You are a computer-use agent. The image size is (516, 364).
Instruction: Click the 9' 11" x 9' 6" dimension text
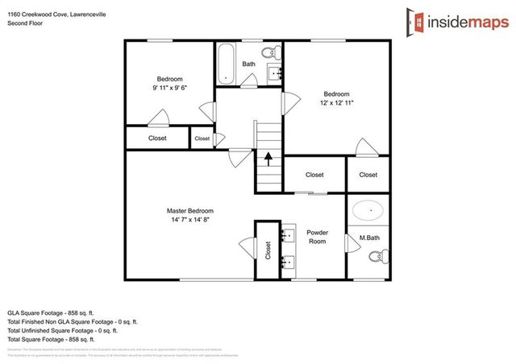pyautogui.click(x=169, y=89)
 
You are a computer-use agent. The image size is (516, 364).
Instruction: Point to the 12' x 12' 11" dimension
pyautogui.click(x=336, y=102)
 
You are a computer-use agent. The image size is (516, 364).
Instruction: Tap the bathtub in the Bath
pyautogui.click(x=226, y=62)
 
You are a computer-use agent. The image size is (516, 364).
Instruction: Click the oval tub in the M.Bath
pyautogui.click(x=368, y=210)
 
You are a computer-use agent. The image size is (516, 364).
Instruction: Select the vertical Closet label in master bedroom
pyautogui.click(x=268, y=250)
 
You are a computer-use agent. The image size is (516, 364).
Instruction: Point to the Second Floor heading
pyautogui.click(x=25, y=23)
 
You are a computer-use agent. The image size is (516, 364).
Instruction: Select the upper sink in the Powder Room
pyautogui.click(x=289, y=236)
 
